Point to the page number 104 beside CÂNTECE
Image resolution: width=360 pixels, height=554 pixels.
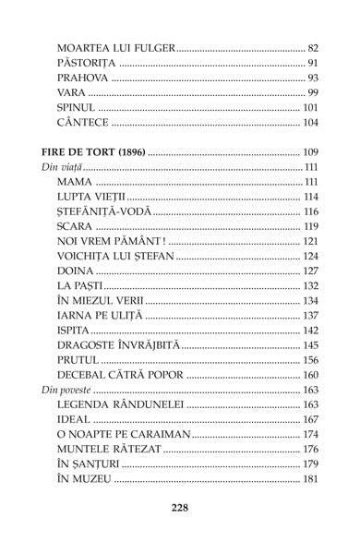[310, 122]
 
